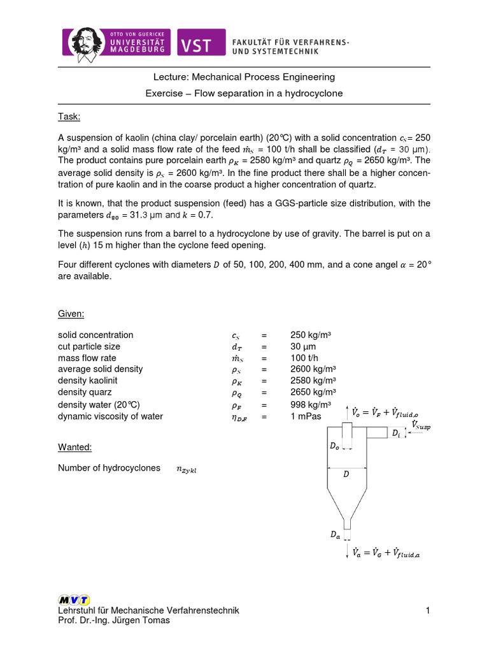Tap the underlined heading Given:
point(71,314)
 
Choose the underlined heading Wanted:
point(74,448)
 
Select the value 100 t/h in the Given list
point(303,358)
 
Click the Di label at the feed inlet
point(397,433)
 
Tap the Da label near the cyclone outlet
point(335,536)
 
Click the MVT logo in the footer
point(74,599)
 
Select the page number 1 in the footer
point(429,611)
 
